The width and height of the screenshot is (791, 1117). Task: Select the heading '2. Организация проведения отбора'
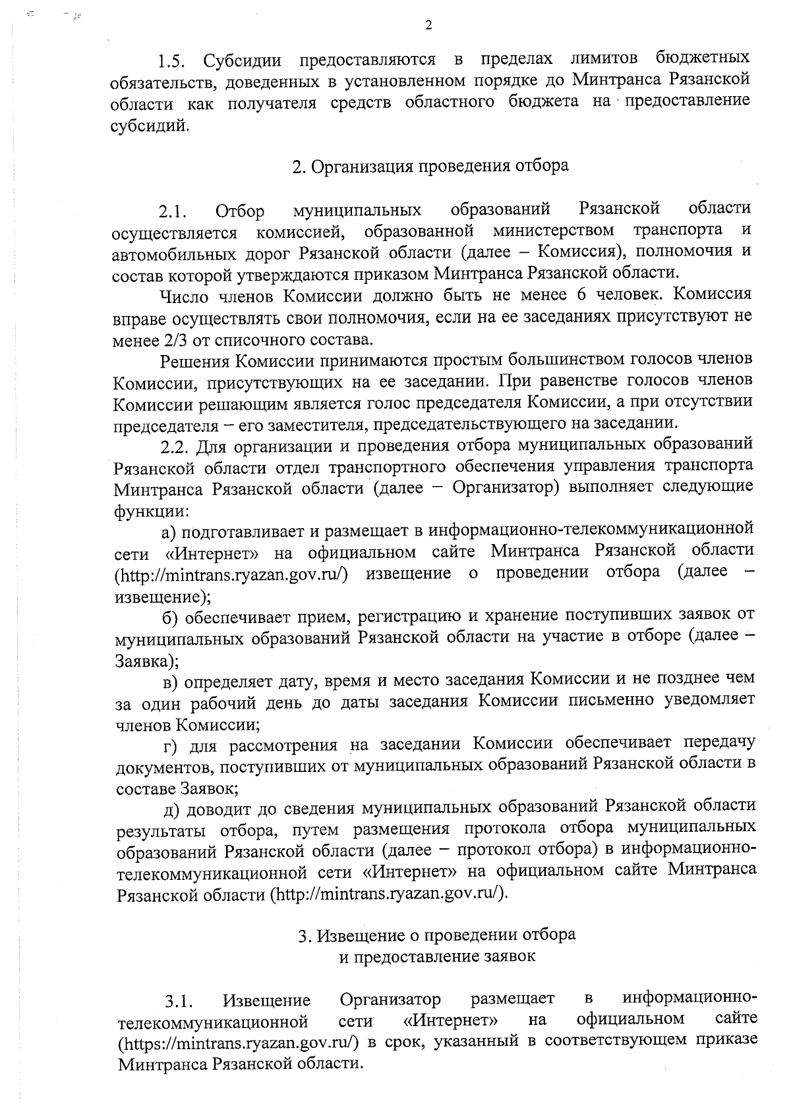pyautogui.click(x=430, y=166)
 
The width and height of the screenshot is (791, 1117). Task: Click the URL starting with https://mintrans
pyautogui.click(x=239, y=1043)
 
